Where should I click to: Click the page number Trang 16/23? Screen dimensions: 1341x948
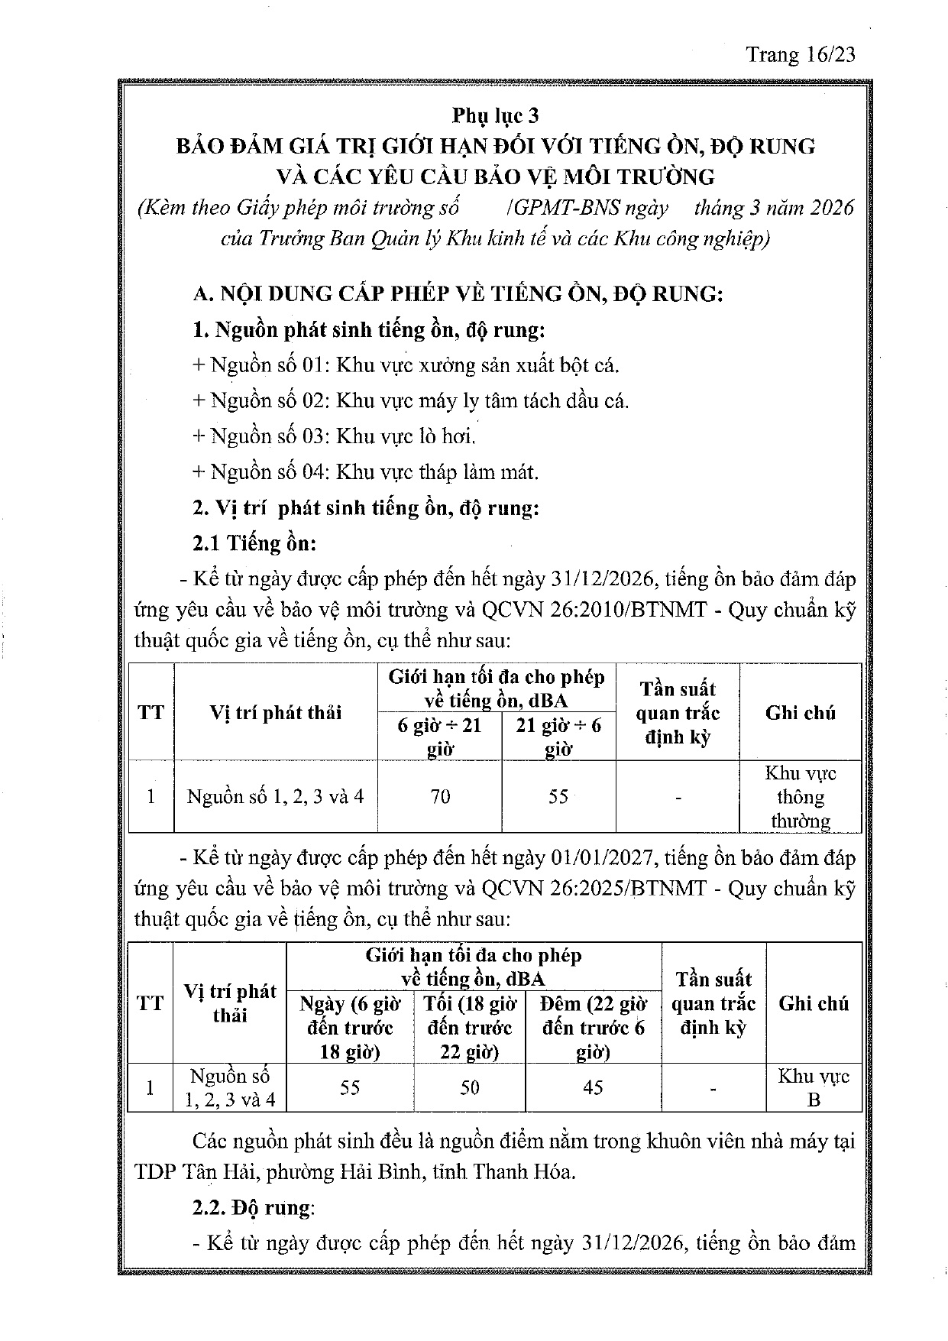800,54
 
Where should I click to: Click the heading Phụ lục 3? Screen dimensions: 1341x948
495,115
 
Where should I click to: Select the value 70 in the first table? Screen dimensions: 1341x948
440,796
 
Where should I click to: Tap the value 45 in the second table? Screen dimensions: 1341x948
593,1087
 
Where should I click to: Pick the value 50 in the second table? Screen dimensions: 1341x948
470,1087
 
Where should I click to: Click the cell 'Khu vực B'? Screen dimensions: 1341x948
814,1087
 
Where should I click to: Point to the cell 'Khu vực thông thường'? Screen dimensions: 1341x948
801,797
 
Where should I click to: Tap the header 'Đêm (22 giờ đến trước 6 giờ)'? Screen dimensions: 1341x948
593,1028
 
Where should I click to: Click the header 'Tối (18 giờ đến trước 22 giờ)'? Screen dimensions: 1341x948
470,1028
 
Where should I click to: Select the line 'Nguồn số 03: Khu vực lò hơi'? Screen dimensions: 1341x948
335,436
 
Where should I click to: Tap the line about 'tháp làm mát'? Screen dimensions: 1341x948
365,472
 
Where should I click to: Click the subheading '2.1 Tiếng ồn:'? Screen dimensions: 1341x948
254,543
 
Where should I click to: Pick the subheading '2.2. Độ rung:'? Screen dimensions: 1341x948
253,1208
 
